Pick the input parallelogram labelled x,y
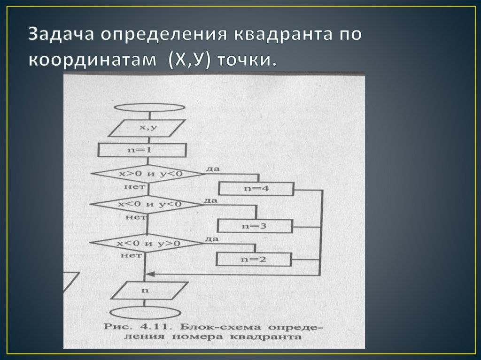click(148, 128)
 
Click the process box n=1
click(141, 150)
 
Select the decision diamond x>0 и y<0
click(148, 174)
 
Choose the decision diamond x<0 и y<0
click(146, 205)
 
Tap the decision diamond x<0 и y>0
click(145, 244)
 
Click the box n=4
click(256, 189)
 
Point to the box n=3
click(255, 226)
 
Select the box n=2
click(254, 259)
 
